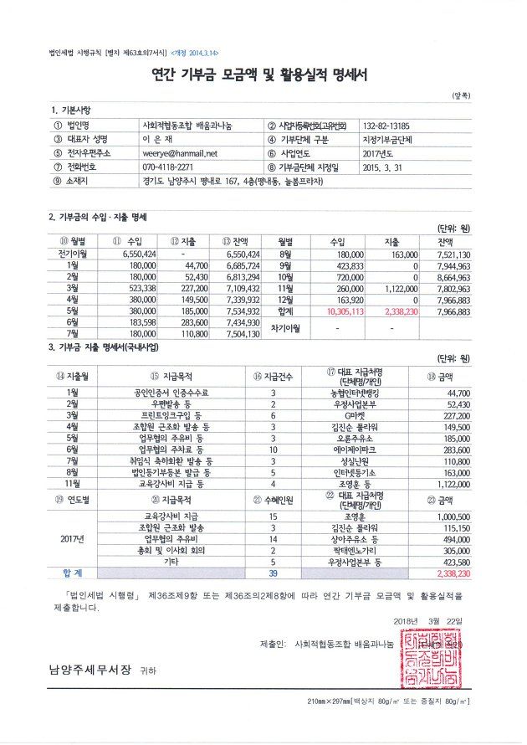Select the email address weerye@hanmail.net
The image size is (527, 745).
pos(180,153)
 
